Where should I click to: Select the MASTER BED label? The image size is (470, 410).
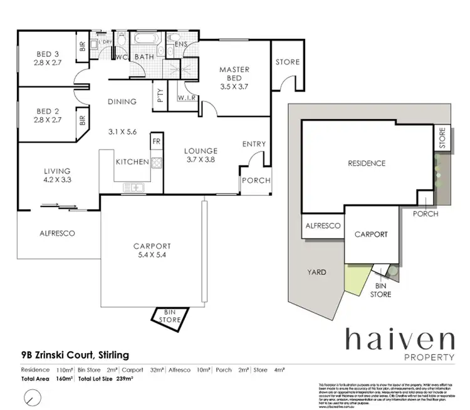click(x=234, y=73)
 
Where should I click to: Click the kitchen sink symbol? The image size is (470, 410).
click(x=135, y=186)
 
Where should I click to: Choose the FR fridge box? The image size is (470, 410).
click(x=156, y=142)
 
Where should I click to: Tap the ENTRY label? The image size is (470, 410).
click(x=254, y=144)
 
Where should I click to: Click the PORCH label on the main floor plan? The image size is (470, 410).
click(x=256, y=180)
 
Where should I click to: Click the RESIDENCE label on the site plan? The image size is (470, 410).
click(x=367, y=163)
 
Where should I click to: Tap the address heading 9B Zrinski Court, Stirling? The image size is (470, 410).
click(x=75, y=356)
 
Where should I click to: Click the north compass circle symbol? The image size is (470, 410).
click(x=31, y=397)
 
